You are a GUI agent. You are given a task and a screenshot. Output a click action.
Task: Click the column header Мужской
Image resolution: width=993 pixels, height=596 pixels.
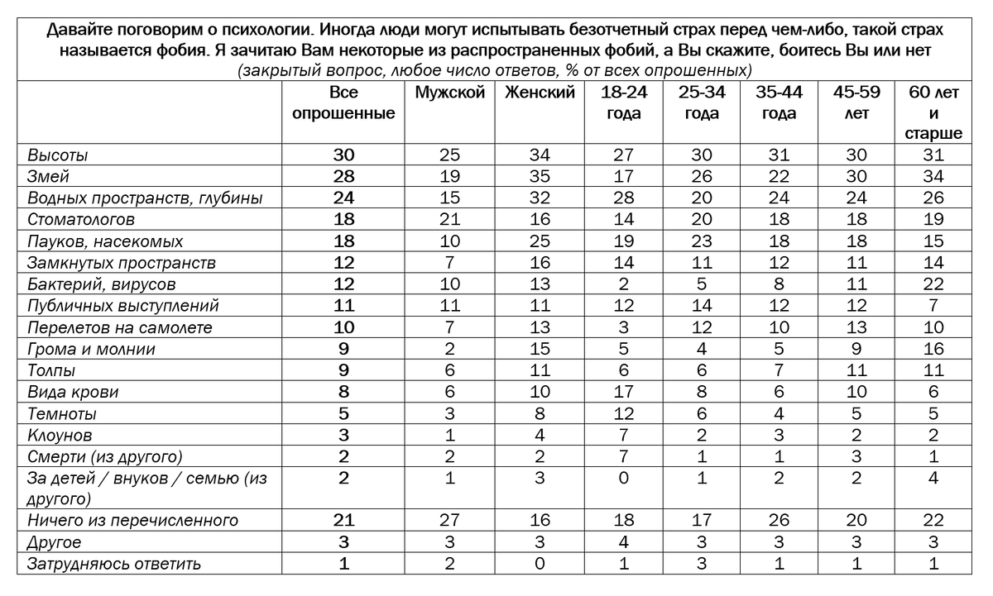tap(449, 93)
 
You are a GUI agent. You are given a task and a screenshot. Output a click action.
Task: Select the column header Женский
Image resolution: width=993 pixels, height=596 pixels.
tap(540, 93)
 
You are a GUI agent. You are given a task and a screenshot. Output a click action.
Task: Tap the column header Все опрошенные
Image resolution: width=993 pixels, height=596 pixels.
tap(343, 103)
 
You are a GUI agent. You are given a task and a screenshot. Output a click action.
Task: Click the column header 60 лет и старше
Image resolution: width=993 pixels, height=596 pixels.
tap(933, 113)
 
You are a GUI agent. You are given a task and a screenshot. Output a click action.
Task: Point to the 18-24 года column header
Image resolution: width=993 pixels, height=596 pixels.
tap(624, 103)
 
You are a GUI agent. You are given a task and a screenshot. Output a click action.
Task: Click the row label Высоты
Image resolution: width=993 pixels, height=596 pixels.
tap(58, 155)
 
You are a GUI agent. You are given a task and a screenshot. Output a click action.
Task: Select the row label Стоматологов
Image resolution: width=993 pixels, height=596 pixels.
tap(81, 220)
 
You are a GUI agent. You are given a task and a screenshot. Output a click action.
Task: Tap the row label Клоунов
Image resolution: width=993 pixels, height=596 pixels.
tap(60, 435)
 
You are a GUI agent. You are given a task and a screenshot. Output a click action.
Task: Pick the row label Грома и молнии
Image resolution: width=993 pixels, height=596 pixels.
tap(91, 349)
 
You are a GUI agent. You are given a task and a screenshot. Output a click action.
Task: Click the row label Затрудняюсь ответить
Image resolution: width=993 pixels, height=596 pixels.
tap(114, 564)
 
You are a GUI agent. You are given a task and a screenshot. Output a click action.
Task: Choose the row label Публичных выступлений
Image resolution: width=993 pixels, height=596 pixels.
tap(122, 306)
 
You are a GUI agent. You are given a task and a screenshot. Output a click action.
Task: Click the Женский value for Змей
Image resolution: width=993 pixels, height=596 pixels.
tap(540, 177)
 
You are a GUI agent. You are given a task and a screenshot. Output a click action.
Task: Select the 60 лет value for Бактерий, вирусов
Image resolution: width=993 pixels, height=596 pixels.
tap(933, 284)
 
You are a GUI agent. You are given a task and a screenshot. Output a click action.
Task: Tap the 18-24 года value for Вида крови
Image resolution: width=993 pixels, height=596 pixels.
tap(624, 392)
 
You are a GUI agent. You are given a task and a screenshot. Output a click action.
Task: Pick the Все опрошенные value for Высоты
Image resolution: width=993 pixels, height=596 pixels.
tap(343, 155)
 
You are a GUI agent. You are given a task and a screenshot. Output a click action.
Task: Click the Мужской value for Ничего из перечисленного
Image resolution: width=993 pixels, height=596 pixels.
tap(449, 521)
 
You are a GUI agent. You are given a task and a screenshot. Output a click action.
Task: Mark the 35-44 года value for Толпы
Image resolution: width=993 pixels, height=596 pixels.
tap(779, 370)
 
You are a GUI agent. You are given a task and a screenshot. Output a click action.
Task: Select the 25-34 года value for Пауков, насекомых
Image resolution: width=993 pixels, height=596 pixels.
tap(702, 241)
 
